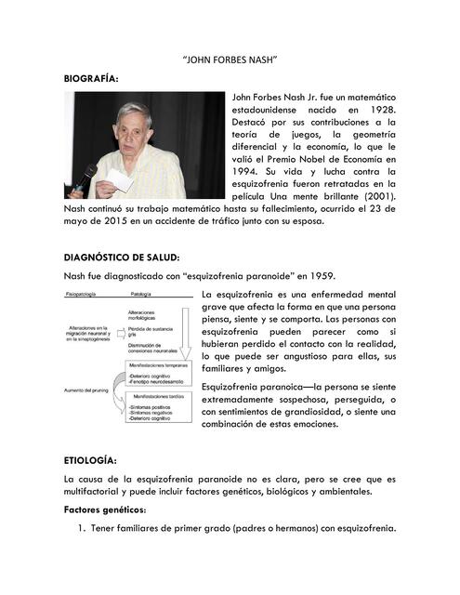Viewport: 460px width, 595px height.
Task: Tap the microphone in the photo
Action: pyautogui.click(x=85, y=177)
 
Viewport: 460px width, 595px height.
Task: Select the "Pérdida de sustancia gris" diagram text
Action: pyautogui.click(x=149, y=335)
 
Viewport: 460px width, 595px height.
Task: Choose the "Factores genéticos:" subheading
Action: pyautogui.click(x=105, y=510)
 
